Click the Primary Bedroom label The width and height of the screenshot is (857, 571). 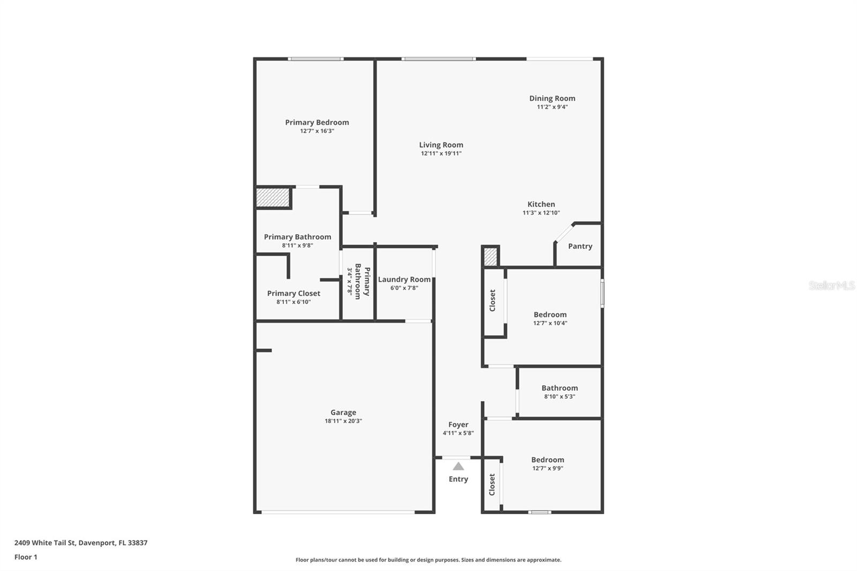click(317, 123)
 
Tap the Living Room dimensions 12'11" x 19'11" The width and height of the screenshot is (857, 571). click(441, 154)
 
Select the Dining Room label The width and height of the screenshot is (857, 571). click(552, 99)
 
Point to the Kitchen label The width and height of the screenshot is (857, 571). click(541, 204)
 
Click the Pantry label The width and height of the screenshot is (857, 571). click(580, 246)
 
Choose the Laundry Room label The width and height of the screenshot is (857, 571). click(404, 280)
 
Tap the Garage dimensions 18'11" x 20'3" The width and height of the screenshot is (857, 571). click(343, 421)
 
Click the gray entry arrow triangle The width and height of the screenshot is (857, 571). click(458, 467)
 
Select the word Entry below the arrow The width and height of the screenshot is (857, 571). click(458, 479)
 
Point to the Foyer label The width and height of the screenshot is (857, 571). click(458, 425)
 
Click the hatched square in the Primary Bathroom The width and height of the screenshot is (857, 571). click(273, 197)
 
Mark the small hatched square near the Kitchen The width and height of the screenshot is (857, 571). click(490, 257)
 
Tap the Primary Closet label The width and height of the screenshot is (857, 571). click(294, 294)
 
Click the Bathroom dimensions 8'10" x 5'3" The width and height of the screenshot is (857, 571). click(559, 397)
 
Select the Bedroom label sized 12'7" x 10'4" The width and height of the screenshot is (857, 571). click(550, 315)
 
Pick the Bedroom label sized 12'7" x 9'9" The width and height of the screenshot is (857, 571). click(547, 460)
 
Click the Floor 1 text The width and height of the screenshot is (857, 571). click(26, 557)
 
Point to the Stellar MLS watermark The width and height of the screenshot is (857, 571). click(831, 285)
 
